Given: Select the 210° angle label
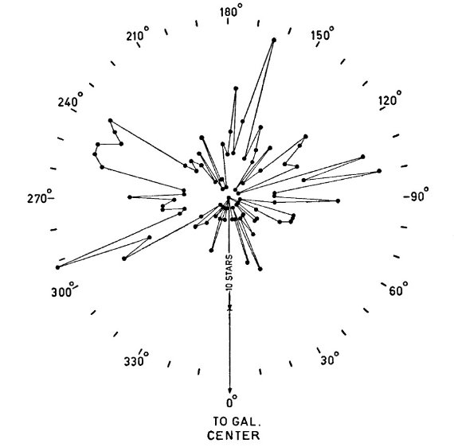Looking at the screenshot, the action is click(x=138, y=34).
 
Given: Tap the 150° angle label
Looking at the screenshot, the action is click(x=323, y=34).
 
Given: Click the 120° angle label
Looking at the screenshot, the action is click(x=390, y=99).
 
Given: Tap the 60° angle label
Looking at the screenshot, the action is click(x=398, y=289).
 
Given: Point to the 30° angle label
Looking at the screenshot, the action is click(x=330, y=358).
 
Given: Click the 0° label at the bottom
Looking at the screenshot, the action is click(x=232, y=402).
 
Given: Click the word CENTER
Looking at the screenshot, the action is click(x=233, y=435).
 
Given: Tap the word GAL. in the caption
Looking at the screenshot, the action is click(x=247, y=422).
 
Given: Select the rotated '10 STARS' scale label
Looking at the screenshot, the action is click(x=229, y=272).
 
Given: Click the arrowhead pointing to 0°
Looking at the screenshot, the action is click(x=230, y=390).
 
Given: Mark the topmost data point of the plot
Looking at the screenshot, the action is click(x=274, y=40).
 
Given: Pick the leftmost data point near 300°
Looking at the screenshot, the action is click(x=57, y=267).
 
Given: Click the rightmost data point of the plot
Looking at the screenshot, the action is click(x=379, y=171).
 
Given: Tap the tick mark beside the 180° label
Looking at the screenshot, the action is click(x=228, y=21).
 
